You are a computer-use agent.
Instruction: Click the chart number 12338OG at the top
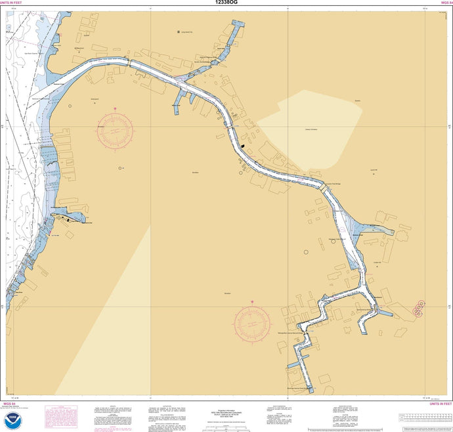point(226,3)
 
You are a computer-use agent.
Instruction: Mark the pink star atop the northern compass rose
point(115,108)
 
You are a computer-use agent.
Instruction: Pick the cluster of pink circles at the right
point(418,308)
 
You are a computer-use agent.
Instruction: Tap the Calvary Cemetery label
point(311,130)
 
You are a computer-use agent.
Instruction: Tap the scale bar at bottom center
point(226,428)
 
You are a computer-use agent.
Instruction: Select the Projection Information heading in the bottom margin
point(227,407)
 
